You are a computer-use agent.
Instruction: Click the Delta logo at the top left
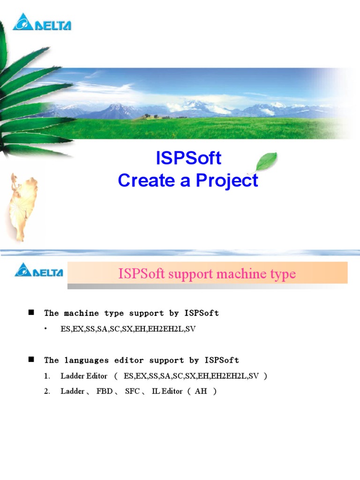(x=42, y=22)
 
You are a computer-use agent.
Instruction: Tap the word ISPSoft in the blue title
(x=188, y=158)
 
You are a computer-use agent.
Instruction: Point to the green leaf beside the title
(x=265, y=162)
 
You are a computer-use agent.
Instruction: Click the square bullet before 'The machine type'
(x=32, y=312)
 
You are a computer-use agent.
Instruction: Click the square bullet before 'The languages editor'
(x=32, y=360)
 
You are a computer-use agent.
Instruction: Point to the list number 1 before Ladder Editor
(x=46, y=376)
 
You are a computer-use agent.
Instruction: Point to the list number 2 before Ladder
(x=46, y=391)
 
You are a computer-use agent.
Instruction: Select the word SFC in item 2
(x=132, y=391)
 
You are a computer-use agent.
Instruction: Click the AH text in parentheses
(x=201, y=391)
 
